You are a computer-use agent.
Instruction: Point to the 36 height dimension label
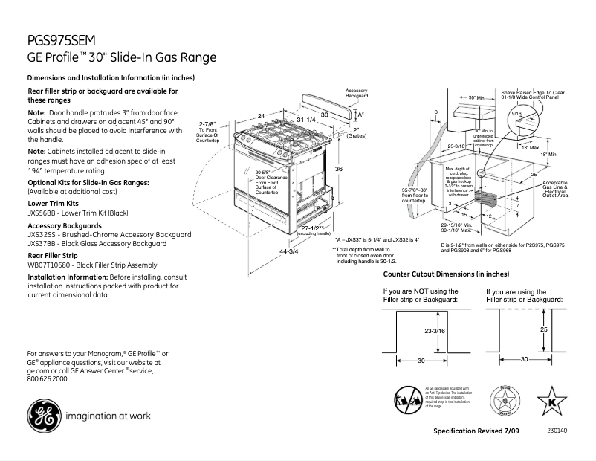(x=337, y=170)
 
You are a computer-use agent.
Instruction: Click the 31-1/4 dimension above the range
(x=306, y=120)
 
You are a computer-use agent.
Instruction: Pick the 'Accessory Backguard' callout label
(x=357, y=94)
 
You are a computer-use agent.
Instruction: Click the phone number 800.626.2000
(x=48, y=378)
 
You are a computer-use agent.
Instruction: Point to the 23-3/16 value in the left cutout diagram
(x=434, y=330)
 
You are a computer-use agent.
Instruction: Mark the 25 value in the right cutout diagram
(x=544, y=328)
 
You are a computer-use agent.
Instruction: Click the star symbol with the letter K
(x=551, y=399)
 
